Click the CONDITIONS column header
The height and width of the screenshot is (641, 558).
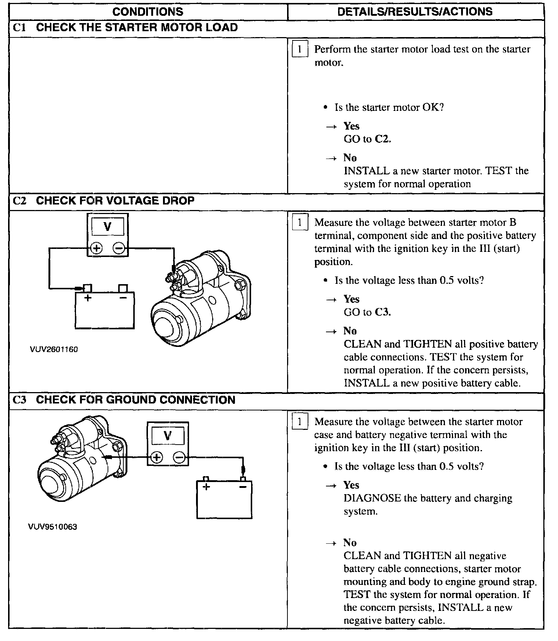tap(148, 11)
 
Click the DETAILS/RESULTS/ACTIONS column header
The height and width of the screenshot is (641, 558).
tap(415, 11)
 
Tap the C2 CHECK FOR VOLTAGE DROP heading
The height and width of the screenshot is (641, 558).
tap(104, 201)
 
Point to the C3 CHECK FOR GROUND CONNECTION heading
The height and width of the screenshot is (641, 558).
tap(124, 400)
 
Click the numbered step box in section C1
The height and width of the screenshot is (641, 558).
tap(299, 50)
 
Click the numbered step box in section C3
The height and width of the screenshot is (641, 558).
tap(299, 422)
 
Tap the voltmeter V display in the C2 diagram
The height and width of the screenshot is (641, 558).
tap(108, 227)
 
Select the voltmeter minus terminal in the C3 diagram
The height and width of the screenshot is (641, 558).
tap(179, 457)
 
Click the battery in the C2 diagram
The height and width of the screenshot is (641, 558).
tap(105, 309)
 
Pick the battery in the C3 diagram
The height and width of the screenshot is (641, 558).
tap(224, 499)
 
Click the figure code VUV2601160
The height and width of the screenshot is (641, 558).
tap(54, 349)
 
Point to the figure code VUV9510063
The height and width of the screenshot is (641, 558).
tap(52, 527)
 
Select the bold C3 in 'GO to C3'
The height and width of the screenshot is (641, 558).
tap(383, 312)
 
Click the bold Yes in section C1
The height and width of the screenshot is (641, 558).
tap(351, 126)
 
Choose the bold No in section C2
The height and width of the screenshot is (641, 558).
tap(350, 331)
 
